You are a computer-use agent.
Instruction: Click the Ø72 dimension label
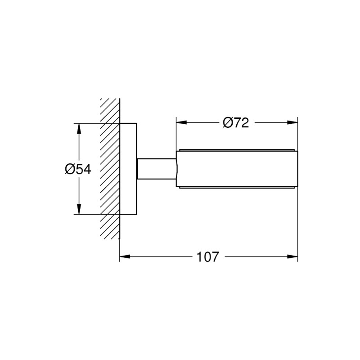coord(235,122)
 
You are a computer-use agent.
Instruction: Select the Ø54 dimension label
coord(78,169)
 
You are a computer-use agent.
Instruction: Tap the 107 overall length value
coord(207,257)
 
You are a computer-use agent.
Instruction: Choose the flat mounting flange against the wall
coord(128,169)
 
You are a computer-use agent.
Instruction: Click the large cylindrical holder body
coord(236,169)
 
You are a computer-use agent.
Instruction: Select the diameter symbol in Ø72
coord(228,122)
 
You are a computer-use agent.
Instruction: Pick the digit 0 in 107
coord(207,257)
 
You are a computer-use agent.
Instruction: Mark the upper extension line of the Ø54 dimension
coord(94,123)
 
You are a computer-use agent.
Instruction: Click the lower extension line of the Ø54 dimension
coord(94,215)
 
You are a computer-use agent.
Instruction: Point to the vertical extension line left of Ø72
coord(175,135)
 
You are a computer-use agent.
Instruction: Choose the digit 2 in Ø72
coord(244,122)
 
